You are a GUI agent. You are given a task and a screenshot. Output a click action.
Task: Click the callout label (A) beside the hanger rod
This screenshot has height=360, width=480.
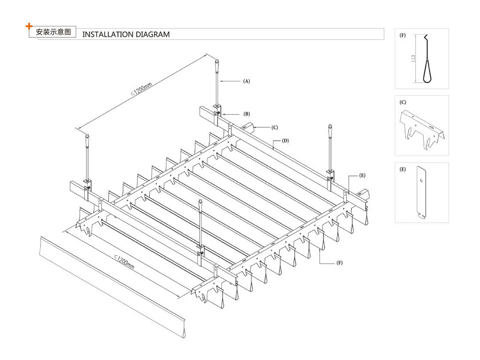[246, 81]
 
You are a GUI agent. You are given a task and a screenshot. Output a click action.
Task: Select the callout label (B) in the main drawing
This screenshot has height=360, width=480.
[246, 114]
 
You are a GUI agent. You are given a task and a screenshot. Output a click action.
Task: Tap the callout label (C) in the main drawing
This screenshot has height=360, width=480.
[275, 127]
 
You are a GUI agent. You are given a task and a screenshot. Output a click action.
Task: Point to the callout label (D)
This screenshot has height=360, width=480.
[285, 141]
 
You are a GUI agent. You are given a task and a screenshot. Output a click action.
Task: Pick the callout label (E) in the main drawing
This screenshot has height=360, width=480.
[362, 176]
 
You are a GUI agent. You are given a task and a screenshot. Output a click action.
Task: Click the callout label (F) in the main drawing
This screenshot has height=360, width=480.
[339, 263]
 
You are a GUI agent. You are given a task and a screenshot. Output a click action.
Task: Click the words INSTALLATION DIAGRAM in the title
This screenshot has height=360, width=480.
[126, 35]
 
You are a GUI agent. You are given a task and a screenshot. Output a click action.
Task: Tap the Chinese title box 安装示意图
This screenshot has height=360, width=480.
[53, 33]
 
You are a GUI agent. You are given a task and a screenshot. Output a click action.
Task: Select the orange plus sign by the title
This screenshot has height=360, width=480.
[29, 25]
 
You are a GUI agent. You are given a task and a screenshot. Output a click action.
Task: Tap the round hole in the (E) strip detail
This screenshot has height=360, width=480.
[420, 181]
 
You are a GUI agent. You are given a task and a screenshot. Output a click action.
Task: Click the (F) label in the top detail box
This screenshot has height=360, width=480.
[403, 36]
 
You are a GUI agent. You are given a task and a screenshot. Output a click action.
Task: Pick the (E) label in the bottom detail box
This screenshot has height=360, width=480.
[403, 169]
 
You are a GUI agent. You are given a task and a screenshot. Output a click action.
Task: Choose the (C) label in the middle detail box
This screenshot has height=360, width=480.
[403, 102]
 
